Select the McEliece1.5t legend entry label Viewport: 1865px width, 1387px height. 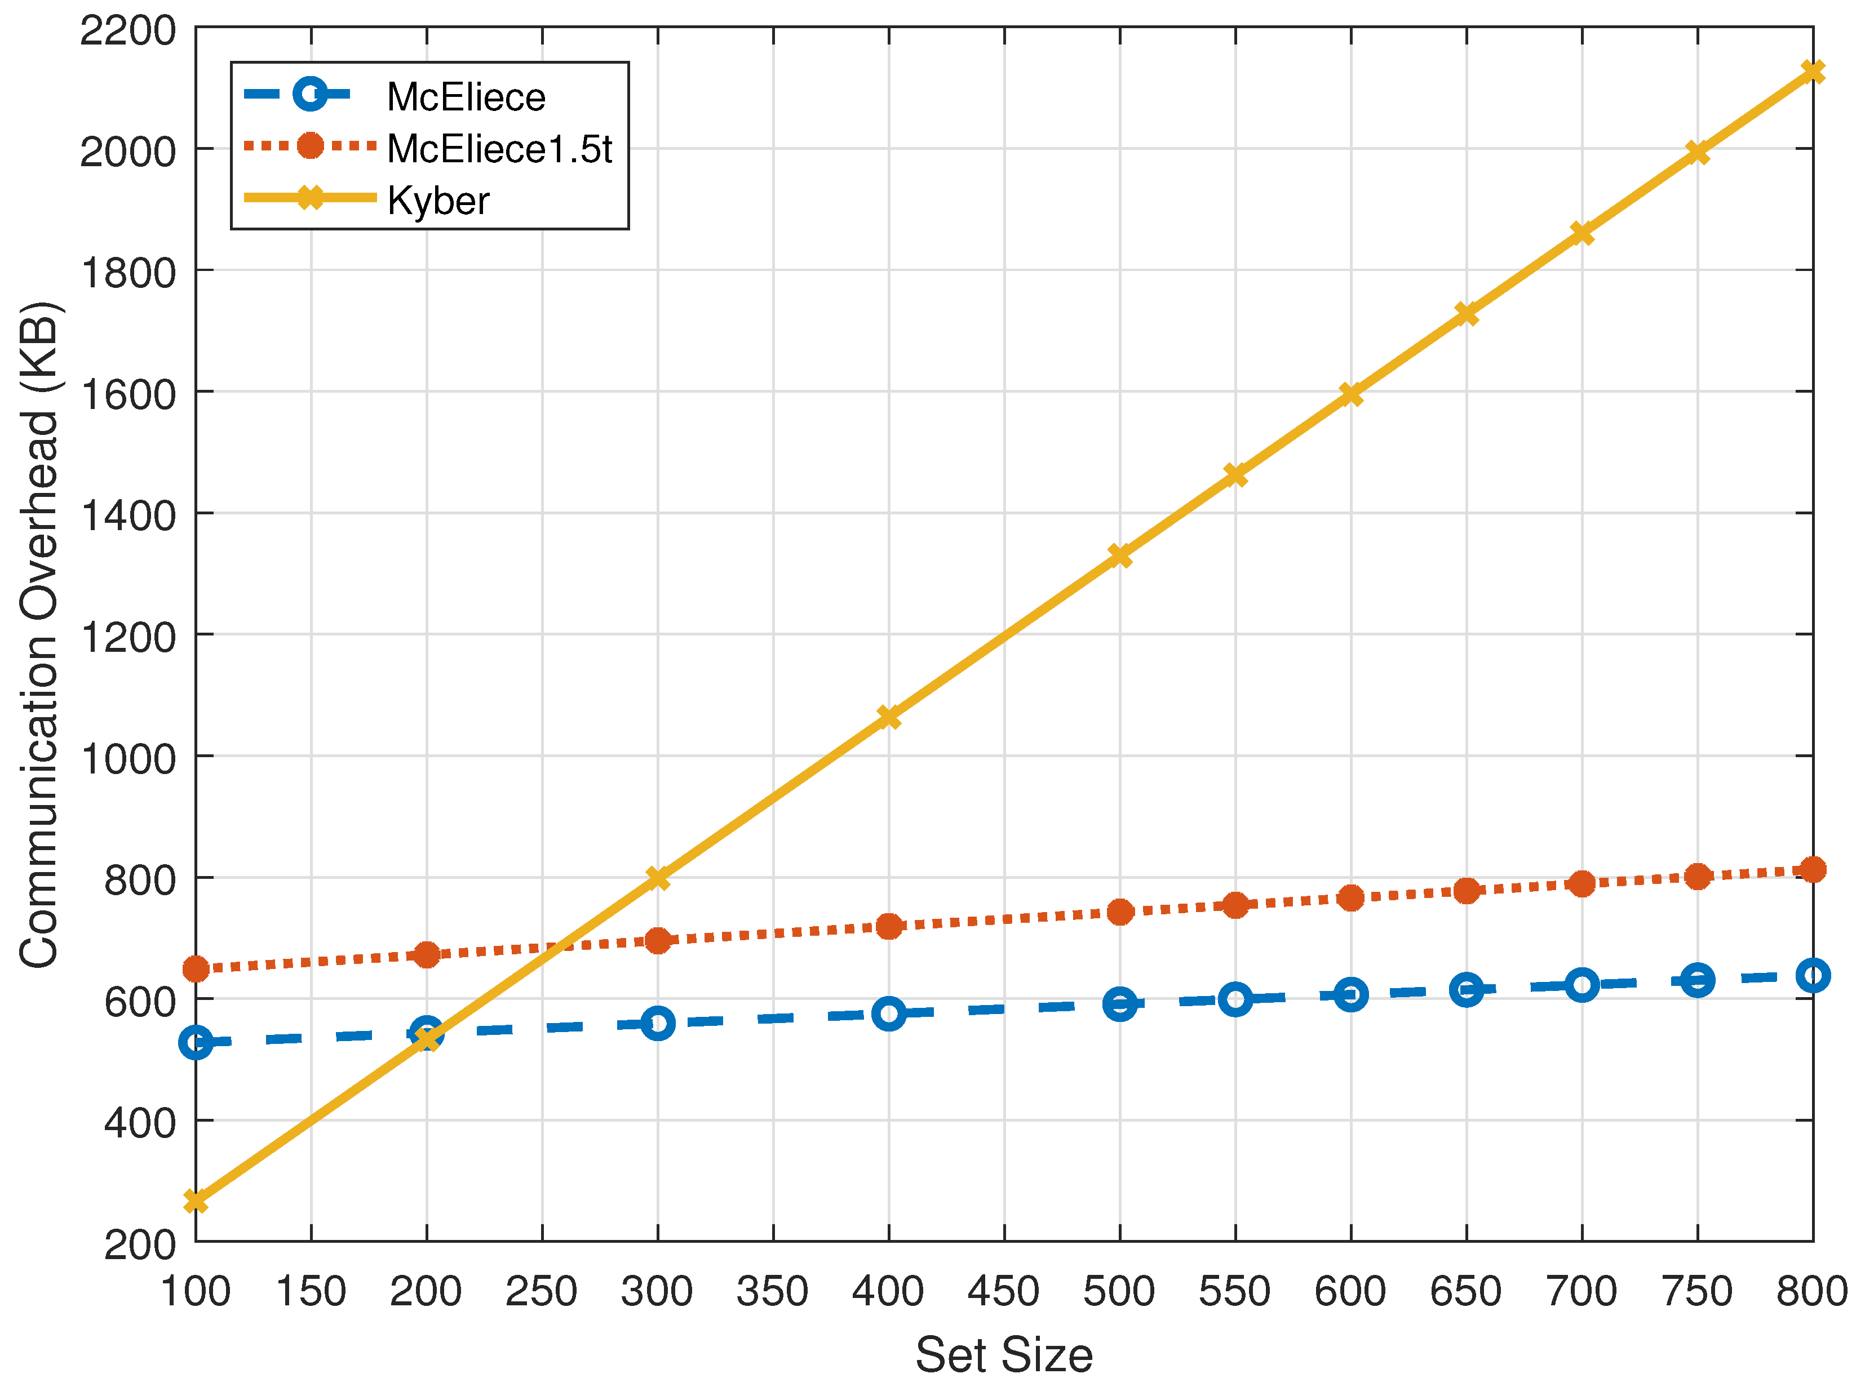tap(499, 149)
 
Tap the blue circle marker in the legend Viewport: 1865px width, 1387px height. tap(310, 94)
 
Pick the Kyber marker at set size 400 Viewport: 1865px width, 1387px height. tap(888, 717)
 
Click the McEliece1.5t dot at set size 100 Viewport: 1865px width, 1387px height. tap(196, 970)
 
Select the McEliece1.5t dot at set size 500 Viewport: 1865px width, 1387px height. tap(1119, 912)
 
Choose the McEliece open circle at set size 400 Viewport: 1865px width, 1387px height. tap(888, 1013)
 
